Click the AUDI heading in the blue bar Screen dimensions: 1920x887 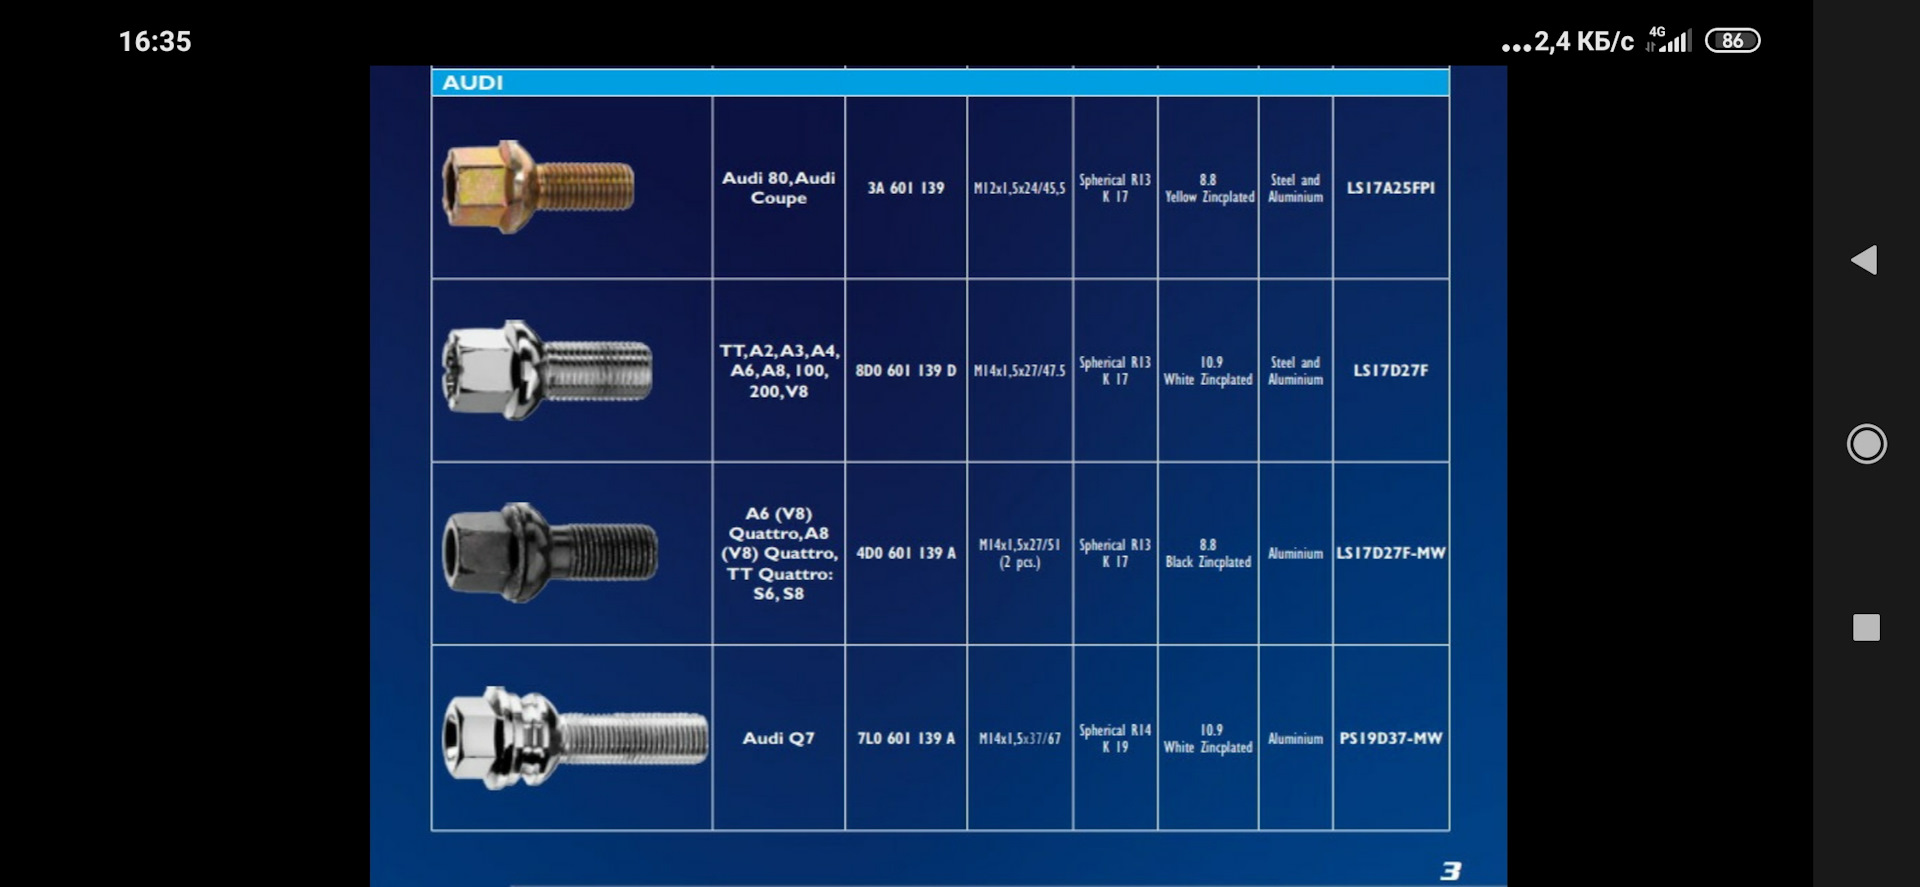[472, 83]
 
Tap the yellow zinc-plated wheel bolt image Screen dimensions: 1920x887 [538, 187]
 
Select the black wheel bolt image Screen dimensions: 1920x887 [550, 552]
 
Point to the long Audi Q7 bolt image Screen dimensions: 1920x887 [575, 738]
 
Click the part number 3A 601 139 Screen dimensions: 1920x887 [906, 188]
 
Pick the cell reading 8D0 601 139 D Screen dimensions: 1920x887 [906, 371]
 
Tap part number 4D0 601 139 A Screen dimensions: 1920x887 [906, 553]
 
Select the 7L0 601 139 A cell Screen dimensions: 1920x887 [906, 739]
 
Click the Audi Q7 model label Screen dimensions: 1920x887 [778, 738]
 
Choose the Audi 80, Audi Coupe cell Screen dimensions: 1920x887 [779, 188]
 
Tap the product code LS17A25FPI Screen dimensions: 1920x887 [1391, 188]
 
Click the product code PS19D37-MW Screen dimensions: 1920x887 [1391, 739]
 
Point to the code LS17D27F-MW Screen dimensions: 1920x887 [1391, 553]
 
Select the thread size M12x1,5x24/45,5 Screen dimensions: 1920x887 [1020, 188]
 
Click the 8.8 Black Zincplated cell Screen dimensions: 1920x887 [1208, 553]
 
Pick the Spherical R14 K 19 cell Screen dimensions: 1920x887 [1115, 739]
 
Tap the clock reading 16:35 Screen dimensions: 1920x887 [155, 41]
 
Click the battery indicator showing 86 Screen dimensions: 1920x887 [1733, 41]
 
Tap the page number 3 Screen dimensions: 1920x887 [1451, 871]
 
